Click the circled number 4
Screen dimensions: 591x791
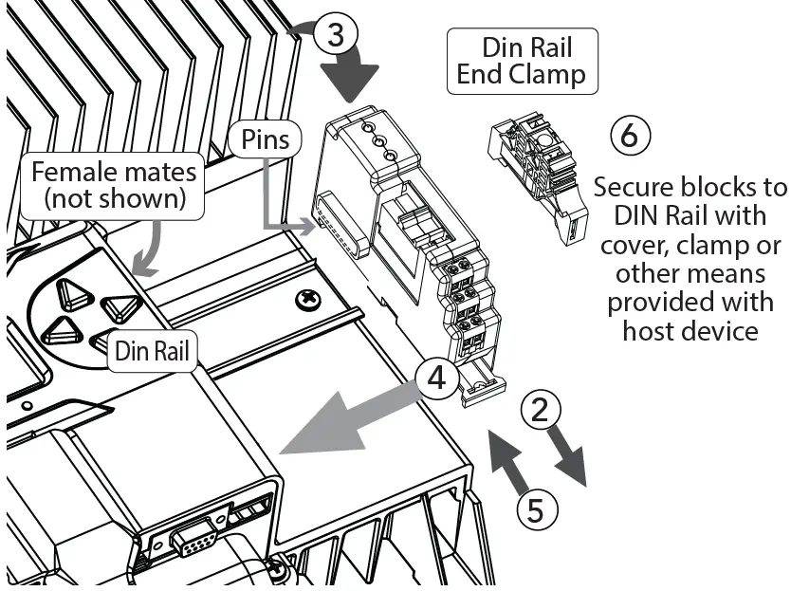(x=435, y=378)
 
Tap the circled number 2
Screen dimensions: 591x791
(x=540, y=411)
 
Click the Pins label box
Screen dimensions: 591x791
(x=265, y=139)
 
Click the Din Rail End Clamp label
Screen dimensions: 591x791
(x=522, y=61)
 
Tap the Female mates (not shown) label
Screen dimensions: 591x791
(x=114, y=185)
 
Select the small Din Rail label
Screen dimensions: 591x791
(x=152, y=352)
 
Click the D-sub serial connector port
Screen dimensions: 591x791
(x=193, y=544)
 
